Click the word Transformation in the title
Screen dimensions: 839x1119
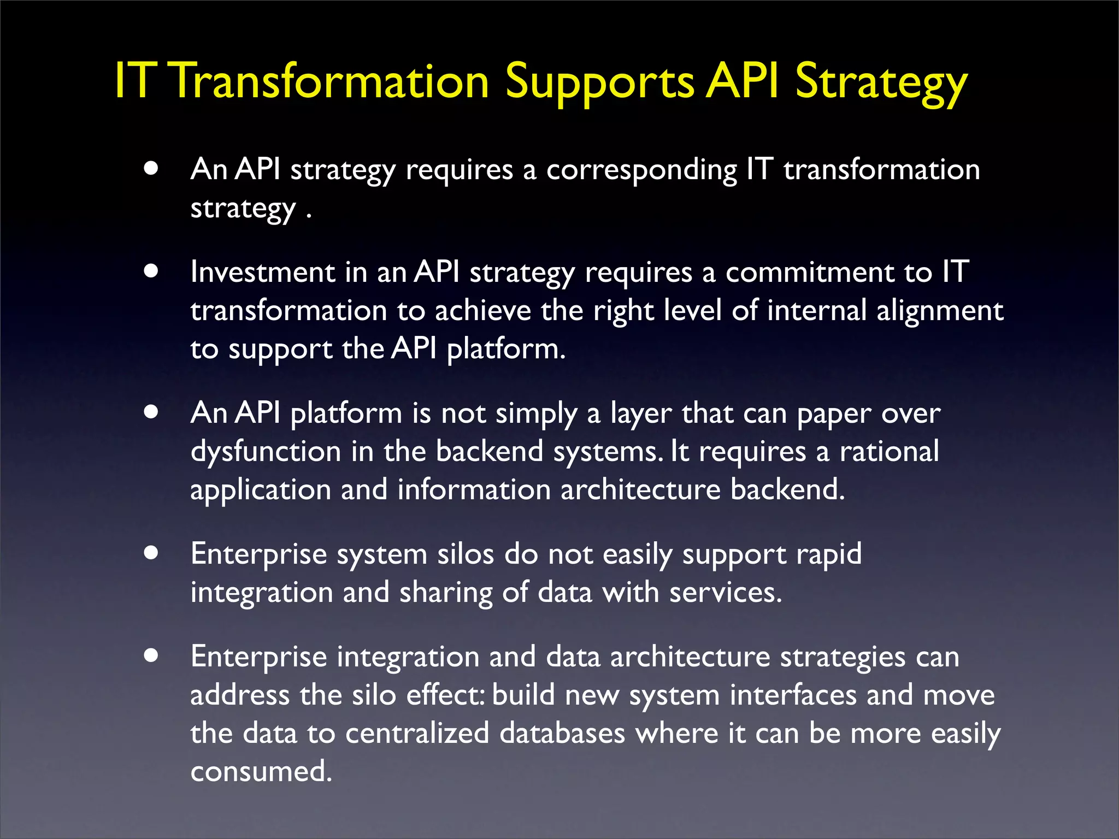pos(331,82)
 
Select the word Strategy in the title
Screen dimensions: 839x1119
pos(881,82)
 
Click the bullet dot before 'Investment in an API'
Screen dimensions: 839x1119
pos(151,271)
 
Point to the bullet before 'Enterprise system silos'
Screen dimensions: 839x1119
pos(151,553)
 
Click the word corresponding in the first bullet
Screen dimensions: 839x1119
pos(641,170)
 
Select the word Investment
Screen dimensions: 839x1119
pos(262,272)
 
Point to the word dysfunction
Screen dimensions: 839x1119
pos(266,452)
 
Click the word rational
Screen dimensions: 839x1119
pos(889,452)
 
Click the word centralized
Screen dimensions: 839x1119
pos(417,733)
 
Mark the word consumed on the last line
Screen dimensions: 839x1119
pos(261,771)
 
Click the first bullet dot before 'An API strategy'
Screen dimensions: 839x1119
pos(151,168)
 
